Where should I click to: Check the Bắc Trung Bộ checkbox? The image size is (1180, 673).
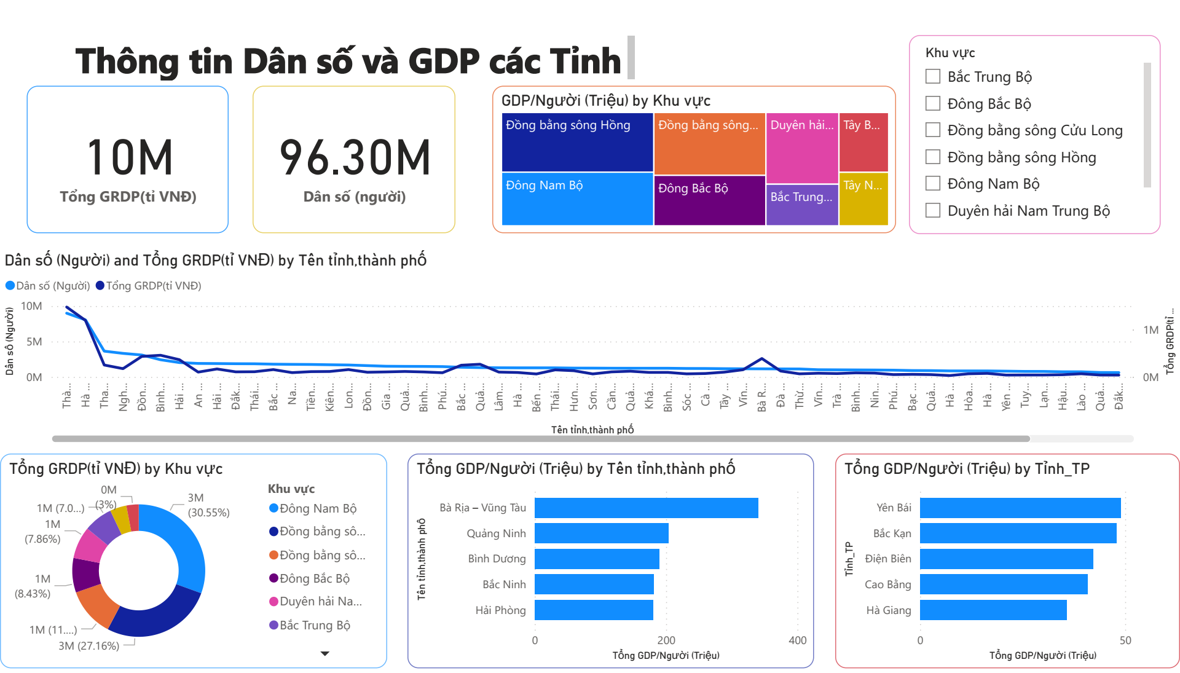tap(932, 76)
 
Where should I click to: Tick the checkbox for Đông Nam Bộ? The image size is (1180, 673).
tap(932, 183)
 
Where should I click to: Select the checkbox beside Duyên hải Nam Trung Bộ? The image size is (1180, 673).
tap(932, 210)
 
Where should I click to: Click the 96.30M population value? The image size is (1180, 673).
tap(355, 158)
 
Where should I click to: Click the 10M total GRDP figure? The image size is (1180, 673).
tap(129, 158)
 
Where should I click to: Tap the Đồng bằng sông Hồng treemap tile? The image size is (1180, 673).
tap(576, 143)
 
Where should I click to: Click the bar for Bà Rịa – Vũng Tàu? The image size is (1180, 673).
tap(645, 508)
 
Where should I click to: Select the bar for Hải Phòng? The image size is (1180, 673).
tap(593, 610)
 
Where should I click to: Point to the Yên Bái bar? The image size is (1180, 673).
tap(1020, 508)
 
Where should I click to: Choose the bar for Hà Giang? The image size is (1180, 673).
tap(993, 610)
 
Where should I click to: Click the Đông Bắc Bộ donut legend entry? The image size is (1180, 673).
tap(314, 578)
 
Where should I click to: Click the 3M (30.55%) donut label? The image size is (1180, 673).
tap(208, 505)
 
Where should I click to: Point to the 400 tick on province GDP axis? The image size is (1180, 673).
tap(797, 640)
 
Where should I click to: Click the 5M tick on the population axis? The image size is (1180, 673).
tap(34, 342)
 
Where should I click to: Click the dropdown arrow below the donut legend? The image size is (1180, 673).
tap(325, 653)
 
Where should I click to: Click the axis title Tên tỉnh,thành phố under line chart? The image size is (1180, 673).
tap(592, 430)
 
